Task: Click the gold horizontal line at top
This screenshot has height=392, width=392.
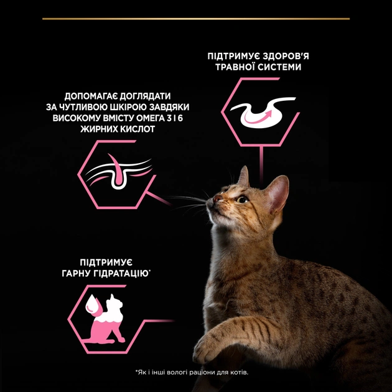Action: point(195,19)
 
